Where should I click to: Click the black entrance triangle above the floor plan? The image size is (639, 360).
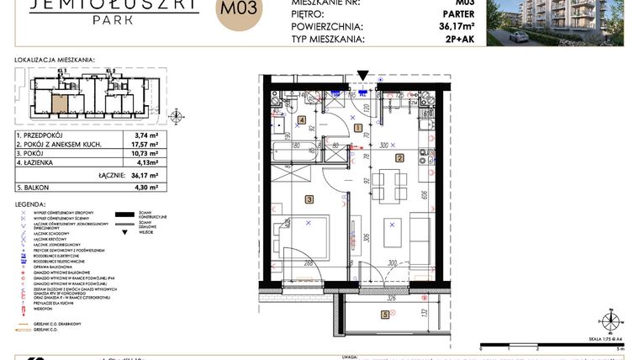362,76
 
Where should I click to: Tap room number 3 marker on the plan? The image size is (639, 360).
309,199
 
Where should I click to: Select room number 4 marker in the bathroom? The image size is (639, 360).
302,120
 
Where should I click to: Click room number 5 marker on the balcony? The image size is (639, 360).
385,315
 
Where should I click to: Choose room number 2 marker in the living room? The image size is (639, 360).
400,157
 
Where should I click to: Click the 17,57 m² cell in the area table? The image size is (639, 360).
147,143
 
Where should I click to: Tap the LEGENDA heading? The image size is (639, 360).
33,204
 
